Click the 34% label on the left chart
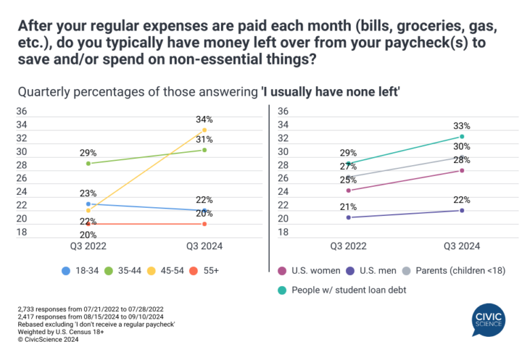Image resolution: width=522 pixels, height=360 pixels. tap(205, 120)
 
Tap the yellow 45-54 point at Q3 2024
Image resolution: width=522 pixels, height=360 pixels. tap(205, 130)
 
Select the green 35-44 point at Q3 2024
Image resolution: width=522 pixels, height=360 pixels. tap(205, 149)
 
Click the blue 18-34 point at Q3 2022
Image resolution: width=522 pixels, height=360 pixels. tap(88, 204)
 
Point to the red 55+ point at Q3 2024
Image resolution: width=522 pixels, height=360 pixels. tap(205, 223)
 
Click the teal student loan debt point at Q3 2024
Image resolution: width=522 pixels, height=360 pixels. tap(462, 137)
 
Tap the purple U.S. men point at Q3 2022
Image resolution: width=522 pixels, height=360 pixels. tap(349, 217)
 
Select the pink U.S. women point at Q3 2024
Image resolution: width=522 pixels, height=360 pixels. tap(462, 170)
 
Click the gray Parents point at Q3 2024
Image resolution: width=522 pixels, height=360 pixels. tap(462, 157)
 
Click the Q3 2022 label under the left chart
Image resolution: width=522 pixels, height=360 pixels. tap(88, 246)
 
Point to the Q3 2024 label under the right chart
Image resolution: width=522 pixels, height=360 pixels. tap(462, 246)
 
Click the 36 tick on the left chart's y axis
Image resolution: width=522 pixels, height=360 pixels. tap(21, 111)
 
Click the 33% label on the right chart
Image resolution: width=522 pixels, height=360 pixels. tap(462, 126)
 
